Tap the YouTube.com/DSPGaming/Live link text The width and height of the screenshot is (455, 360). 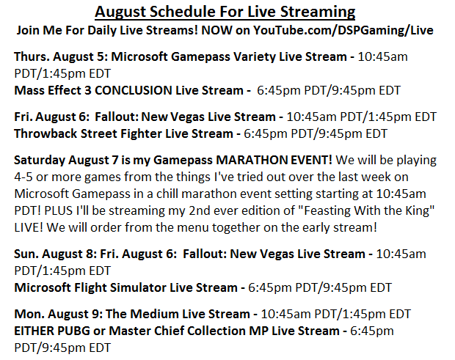coord(343,30)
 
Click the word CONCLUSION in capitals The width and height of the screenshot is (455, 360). coord(134,90)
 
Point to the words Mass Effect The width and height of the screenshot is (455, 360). coord(48,90)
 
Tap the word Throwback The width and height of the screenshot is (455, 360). coord(45,133)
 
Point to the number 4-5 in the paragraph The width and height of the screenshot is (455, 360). coord(23,177)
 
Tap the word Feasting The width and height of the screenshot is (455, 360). coord(327,210)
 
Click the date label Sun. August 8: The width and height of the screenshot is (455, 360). coord(55,254)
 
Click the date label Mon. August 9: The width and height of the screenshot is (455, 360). coord(58,314)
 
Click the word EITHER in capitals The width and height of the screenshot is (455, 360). coord(34,331)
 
